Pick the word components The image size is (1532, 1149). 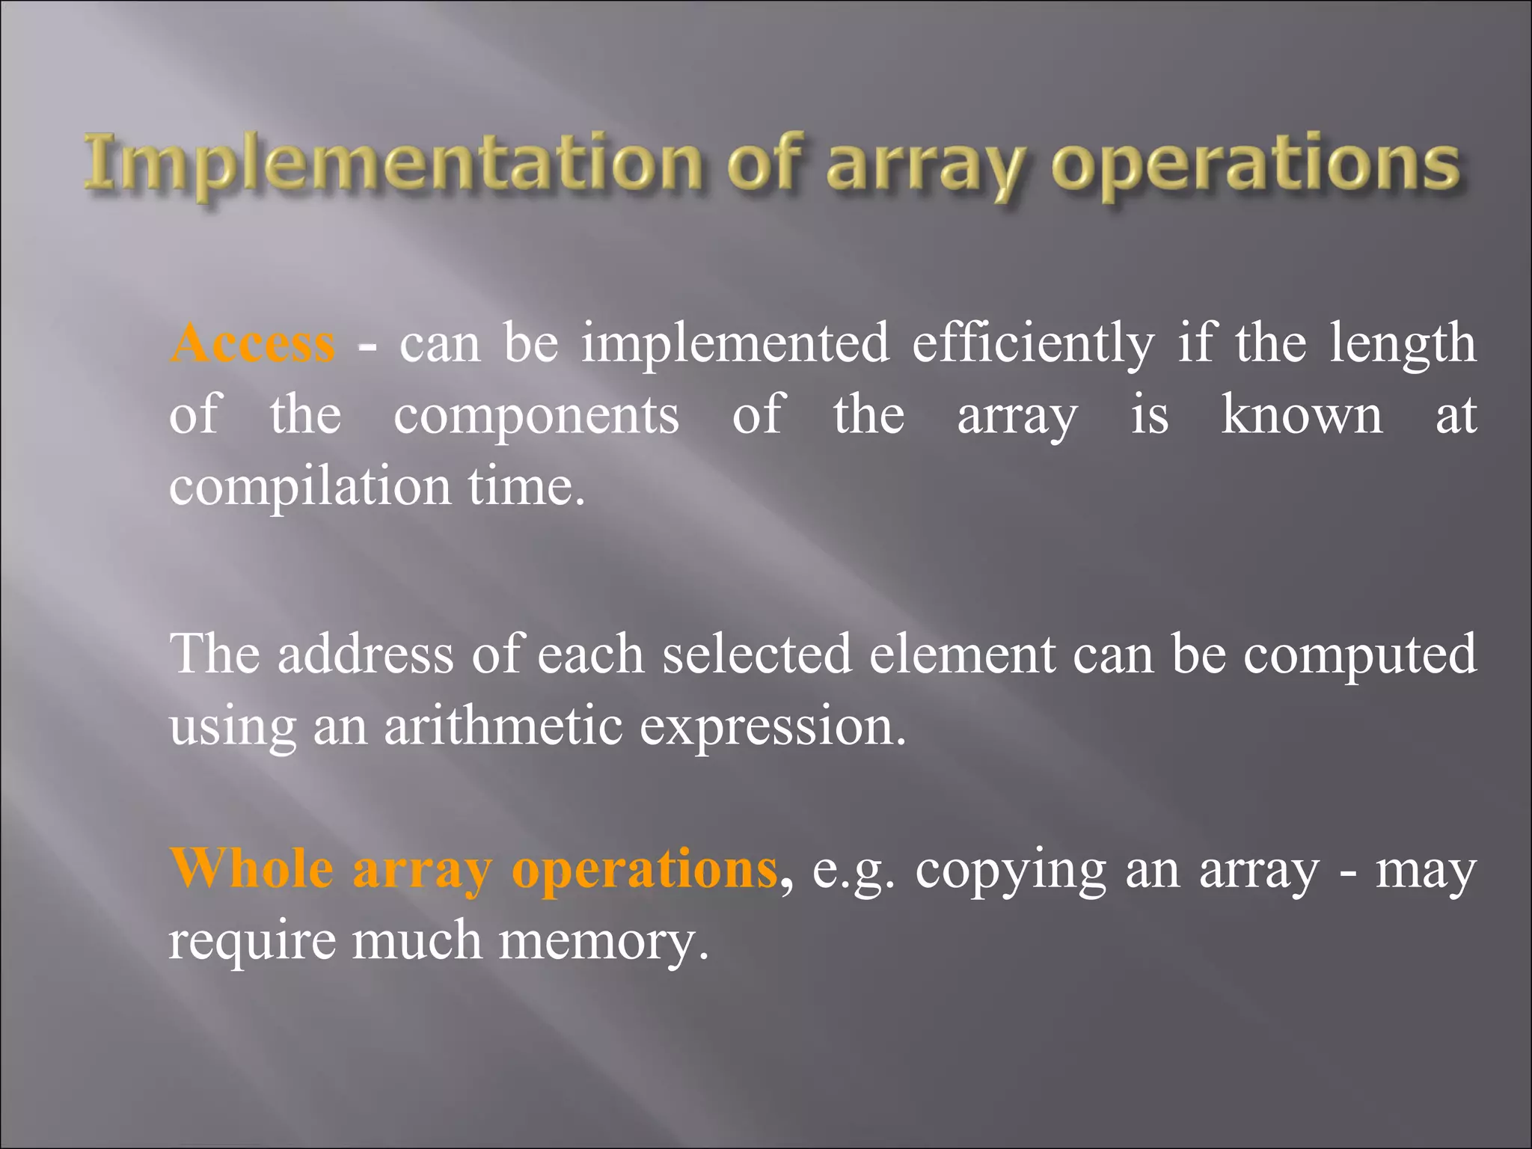536,415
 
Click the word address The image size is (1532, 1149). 366,654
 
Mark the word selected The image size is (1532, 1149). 757,654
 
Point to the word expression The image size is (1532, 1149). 772,727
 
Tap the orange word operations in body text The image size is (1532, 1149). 645,870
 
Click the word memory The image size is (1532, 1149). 603,942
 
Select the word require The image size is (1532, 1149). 252,942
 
